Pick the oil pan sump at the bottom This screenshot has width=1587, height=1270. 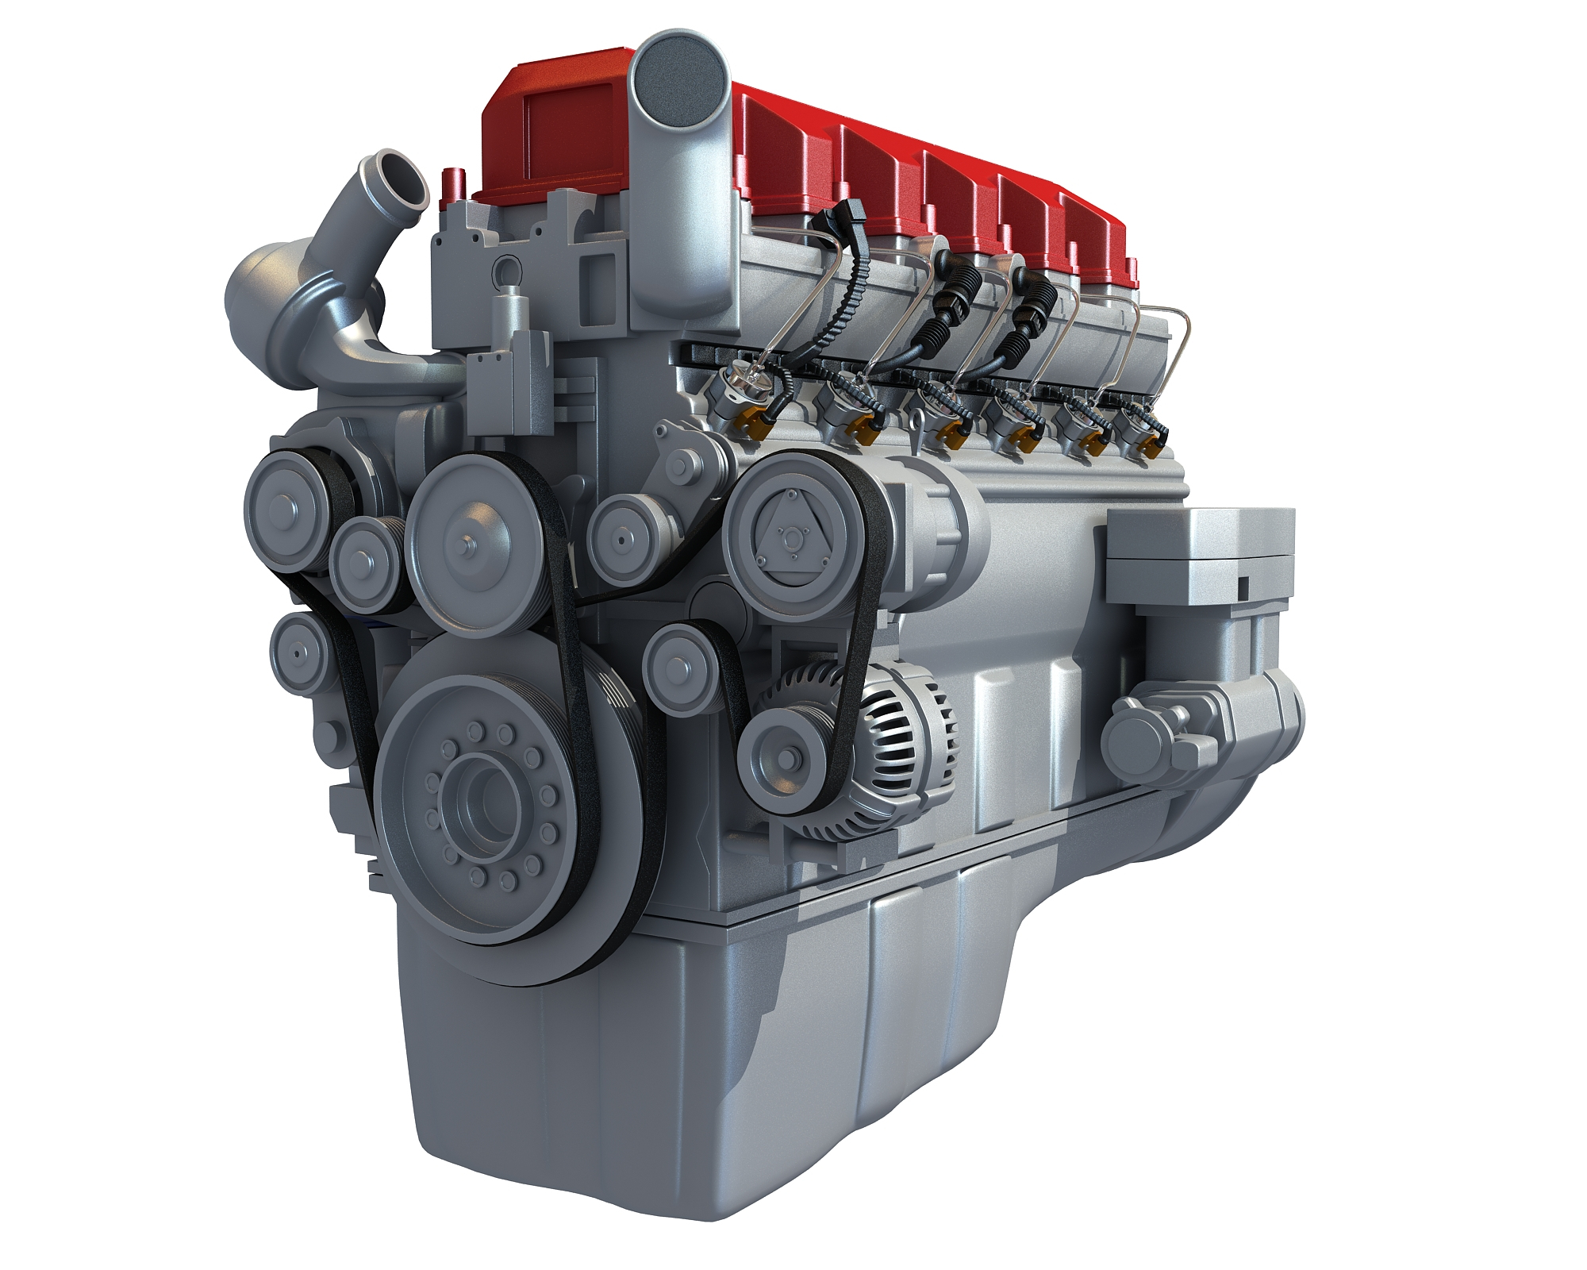[714, 1095]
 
